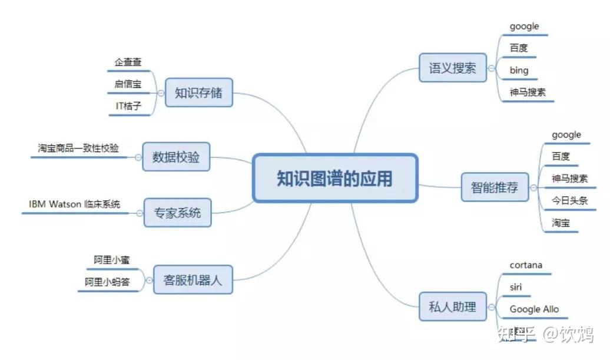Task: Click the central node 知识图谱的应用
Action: pos(334,178)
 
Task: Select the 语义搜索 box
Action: pos(452,68)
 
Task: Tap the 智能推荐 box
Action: pos(495,187)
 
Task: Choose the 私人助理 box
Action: pos(452,306)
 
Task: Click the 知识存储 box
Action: pos(198,93)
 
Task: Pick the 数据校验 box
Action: pos(175,157)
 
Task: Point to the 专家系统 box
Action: pos(177,212)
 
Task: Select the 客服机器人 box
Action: pos(193,280)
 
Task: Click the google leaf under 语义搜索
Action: pos(524,27)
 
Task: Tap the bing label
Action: pos(519,71)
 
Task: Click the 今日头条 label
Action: pos(569,200)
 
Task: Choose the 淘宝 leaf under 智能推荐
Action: pos(561,223)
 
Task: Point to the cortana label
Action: pos(526,265)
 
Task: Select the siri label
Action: pos(516,288)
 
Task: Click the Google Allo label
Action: pos(534,309)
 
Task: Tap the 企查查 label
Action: pos(128,62)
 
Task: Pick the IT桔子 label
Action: pos(128,106)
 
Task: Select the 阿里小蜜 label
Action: pos(111,260)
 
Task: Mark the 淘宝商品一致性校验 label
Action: pos(78,148)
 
